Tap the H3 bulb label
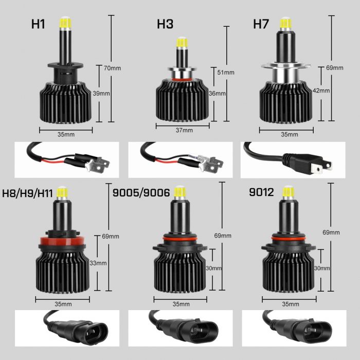pos(165,24)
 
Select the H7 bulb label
pos(261,24)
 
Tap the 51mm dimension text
pos(226,73)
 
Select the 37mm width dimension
pos(184,131)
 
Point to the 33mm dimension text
pos(98,263)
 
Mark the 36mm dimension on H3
pos(218,93)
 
